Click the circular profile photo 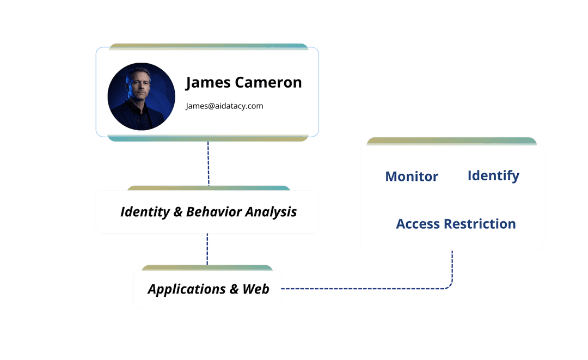tap(142, 96)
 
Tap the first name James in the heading tap(208, 83)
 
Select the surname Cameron tap(268, 83)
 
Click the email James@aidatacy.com tap(224, 106)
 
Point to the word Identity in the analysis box tap(144, 212)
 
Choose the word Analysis tap(271, 212)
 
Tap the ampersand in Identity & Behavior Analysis tap(177, 212)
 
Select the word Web tap(256, 289)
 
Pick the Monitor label tap(412, 176)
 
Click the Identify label tap(493, 176)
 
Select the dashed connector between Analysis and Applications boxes tap(207, 249)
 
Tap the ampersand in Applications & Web tap(234, 289)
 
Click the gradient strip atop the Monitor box tap(451, 141)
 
